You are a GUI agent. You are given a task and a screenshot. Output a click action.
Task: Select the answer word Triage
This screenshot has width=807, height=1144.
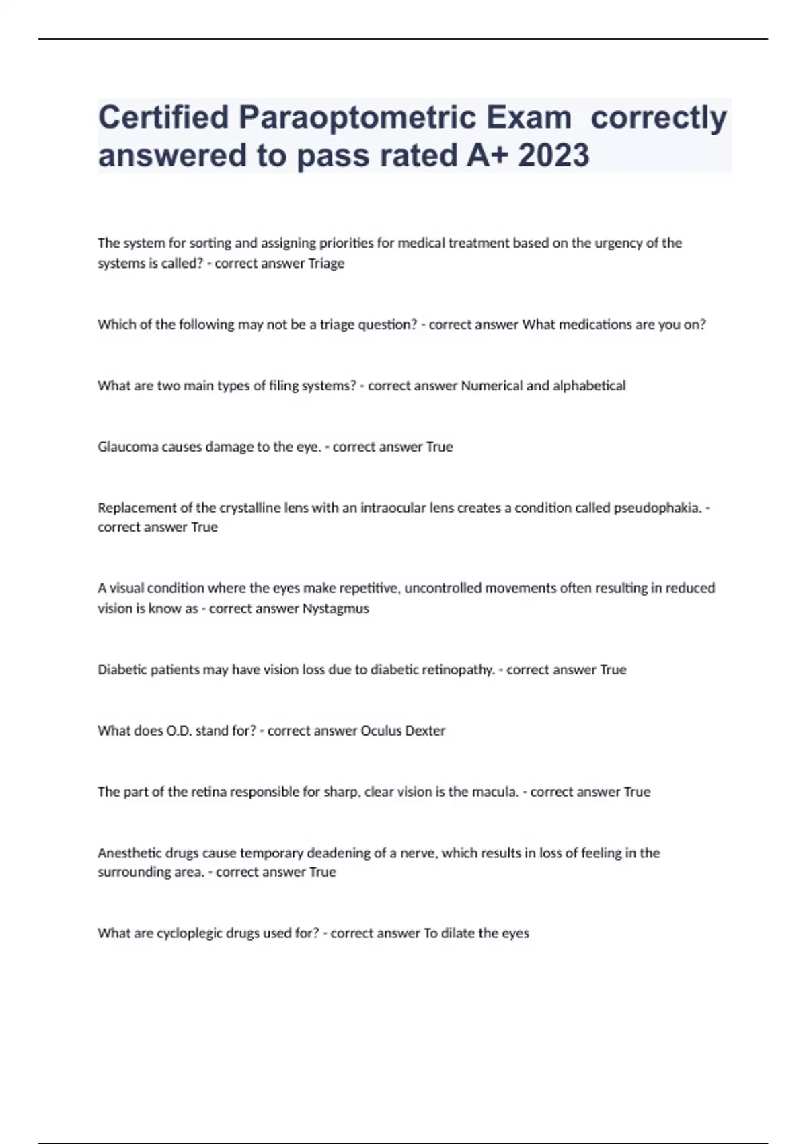click(x=326, y=264)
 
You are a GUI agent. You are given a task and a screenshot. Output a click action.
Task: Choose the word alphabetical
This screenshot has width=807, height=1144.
click(x=589, y=386)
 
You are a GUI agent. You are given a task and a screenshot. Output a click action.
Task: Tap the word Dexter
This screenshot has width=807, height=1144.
click(x=425, y=731)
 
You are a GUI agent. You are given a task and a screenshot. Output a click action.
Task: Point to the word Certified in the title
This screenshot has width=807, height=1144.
click(x=163, y=118)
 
